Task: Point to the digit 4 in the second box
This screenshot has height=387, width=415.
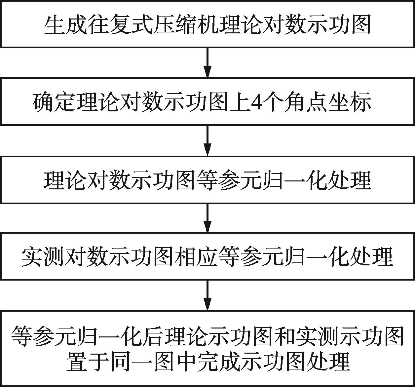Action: click(256, 102)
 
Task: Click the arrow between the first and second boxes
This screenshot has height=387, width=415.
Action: click(207, 63)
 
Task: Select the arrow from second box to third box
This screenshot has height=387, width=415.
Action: click(207, 140)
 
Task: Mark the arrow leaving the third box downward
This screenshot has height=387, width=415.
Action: click(207, 218)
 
